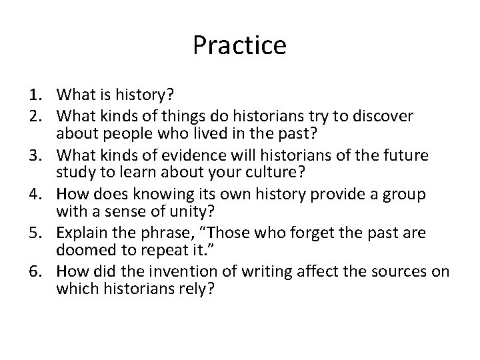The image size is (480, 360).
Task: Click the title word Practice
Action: (239, 45)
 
